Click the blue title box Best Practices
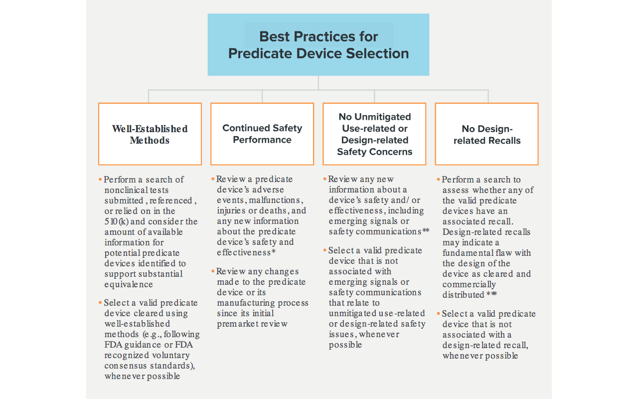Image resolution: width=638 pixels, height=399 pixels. (x=318, y=45)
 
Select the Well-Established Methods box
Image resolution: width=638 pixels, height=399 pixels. (x=150, y=134)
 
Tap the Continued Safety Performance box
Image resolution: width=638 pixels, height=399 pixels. (x=262, y=134)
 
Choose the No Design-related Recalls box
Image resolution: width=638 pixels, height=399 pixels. (x=486, y=134)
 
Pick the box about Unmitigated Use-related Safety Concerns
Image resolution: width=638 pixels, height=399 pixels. (x=374, y=134)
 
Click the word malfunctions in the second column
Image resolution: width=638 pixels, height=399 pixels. (x=274, y=200)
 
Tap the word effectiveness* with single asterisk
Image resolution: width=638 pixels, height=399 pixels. (x=244, y=253)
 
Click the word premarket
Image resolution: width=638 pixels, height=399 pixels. (x=237, y=324)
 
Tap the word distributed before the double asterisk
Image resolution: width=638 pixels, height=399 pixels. (x=463, y=295)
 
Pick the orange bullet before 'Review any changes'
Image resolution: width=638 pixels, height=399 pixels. (x=213, y=272)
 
